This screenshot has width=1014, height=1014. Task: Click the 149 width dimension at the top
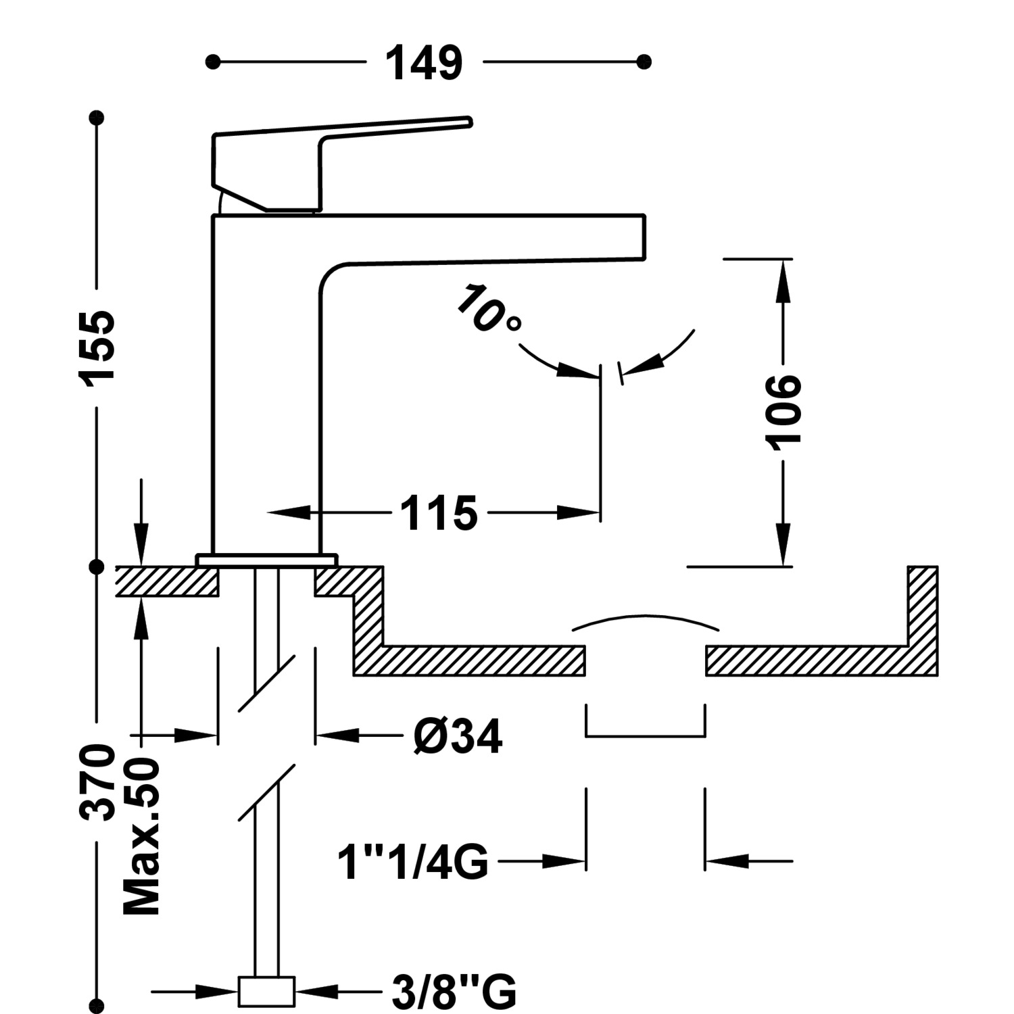click(424, 63)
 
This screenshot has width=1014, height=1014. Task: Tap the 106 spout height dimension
click(783, 410)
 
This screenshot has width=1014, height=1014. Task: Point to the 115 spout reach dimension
click(439, 512)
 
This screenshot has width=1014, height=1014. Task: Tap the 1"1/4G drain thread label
click(413, 862)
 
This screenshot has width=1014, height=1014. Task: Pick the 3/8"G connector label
click(454, 992)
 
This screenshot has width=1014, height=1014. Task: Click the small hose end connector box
click(266, 992)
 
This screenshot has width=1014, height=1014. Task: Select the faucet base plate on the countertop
click(266, 560)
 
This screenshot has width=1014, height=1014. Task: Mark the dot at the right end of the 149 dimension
click(644, 62)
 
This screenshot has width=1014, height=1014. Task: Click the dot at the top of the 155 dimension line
click(97, 118)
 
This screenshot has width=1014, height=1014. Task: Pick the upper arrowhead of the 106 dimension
click(783, 277)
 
